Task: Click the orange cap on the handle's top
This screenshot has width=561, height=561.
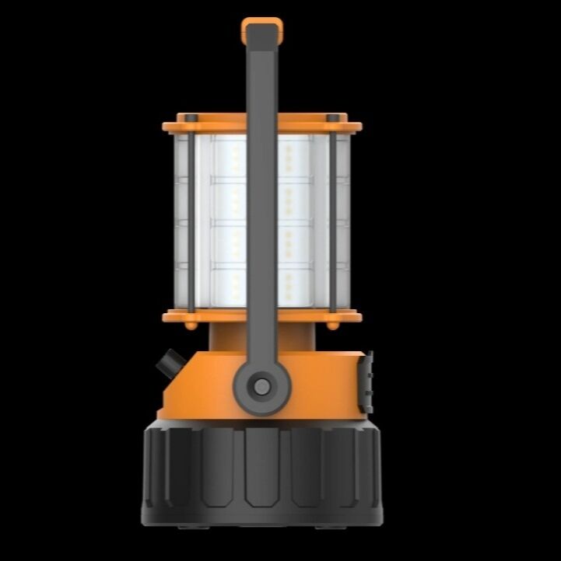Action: pyautogui.click(x=261, y=29)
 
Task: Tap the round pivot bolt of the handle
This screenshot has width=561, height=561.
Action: pyautogui.click(x=262, y=385)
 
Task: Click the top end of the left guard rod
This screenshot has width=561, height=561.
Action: pyautogui.click(x=190, y=118)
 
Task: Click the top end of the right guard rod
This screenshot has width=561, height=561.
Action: pyautogui.click(x=333, y=118)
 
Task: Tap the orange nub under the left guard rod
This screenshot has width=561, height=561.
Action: pyautogui.click(x=191, y=325)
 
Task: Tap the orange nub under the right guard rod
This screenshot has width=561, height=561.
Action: pyautogui.click(x=333, y=325)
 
